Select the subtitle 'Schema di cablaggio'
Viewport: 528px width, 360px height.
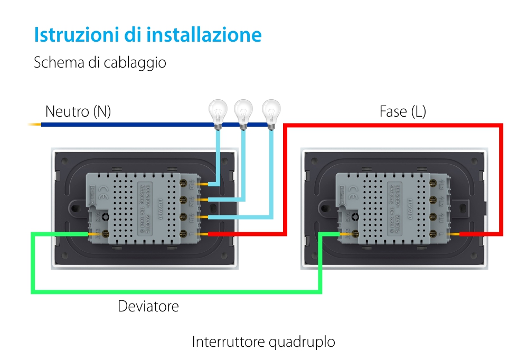tap(100, 63)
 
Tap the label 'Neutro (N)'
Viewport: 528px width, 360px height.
tap(78, 111)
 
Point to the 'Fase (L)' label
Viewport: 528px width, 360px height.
tap(402, 111)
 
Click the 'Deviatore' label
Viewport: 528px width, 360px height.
tap(148, 306)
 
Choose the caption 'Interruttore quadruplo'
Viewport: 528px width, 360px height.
tap(263, 342)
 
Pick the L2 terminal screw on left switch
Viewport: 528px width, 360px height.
tap(186, 200)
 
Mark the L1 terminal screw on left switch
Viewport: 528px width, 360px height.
tap(186, 216)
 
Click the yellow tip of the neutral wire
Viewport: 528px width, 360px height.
tap(34, 125)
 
